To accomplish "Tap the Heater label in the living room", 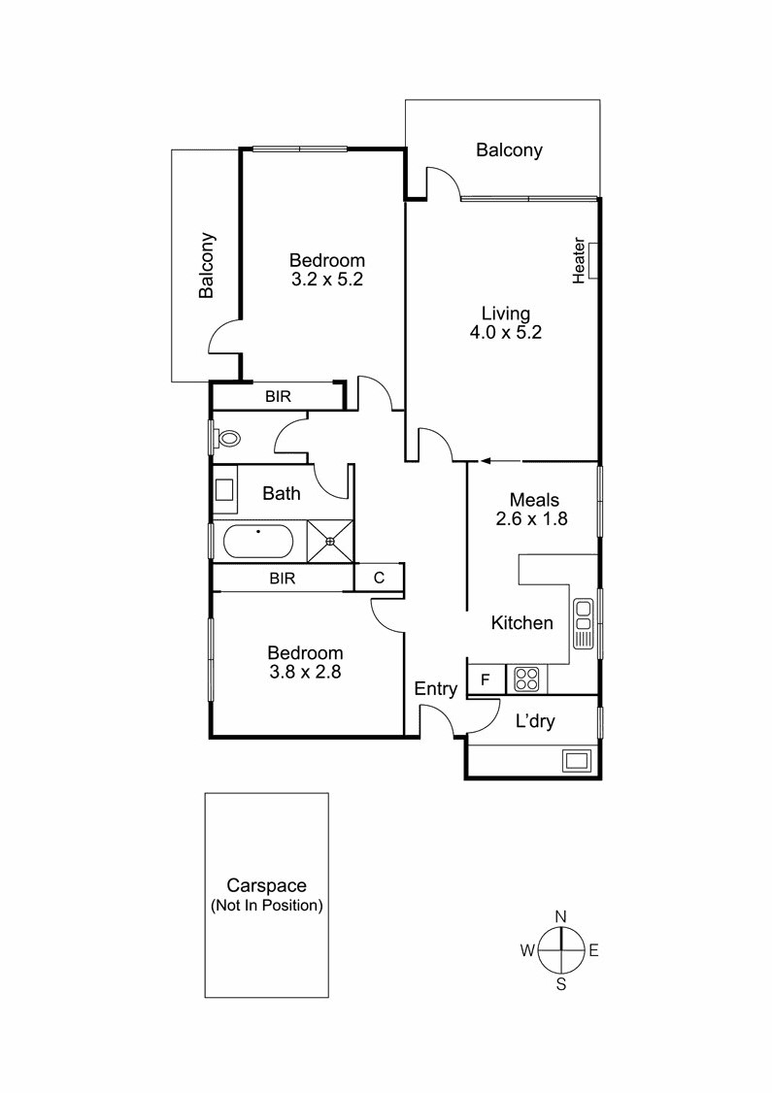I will point(580,260).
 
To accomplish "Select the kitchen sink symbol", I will point(584,623).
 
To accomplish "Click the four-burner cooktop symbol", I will point(526,679).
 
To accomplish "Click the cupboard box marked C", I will point(380,578).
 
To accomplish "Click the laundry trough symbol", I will point(576,759).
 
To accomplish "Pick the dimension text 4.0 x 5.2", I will point(506,332).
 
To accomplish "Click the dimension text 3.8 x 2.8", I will point(306,670).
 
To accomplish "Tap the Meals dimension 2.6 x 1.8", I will point(531,518).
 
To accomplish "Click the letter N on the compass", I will point(560,916).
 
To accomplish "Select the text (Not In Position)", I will point(267,905).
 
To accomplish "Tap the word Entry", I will point(435,689).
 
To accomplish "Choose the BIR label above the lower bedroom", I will point(283,579).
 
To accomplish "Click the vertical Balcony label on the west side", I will point(207,265).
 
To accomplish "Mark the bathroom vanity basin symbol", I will point(224,492).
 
